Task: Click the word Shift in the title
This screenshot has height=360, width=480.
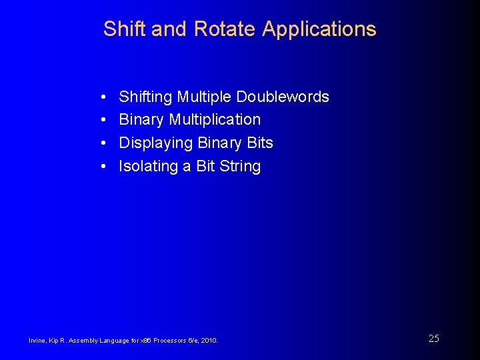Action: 125,29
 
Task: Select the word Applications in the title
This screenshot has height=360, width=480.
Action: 319,29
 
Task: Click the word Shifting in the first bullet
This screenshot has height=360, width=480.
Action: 145,97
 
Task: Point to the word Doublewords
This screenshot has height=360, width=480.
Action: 287,97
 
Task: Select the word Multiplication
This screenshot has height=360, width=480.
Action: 215,120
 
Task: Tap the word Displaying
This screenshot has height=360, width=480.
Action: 155,143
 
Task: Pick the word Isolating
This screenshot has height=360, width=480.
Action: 148,167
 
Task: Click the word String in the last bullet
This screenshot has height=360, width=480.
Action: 239,167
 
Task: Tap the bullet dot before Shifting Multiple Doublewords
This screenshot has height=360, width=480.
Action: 105,97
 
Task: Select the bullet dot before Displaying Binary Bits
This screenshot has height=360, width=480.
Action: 105,143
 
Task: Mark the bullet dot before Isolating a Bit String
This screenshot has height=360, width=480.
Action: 105,167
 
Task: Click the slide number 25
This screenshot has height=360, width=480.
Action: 433,339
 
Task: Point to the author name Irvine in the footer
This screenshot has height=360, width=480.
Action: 37,341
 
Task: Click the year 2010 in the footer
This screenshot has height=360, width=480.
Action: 209,341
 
